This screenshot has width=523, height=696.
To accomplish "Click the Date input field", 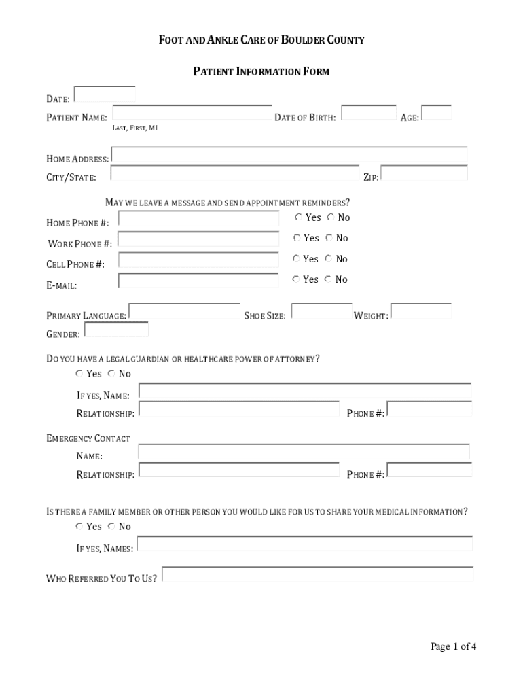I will point(104,94).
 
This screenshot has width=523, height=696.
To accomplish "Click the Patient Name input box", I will point(192,113).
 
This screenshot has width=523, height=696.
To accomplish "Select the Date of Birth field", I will point(369,113).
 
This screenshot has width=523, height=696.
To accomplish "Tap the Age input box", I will point(436,113).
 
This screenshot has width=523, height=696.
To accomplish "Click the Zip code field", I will point(424,173).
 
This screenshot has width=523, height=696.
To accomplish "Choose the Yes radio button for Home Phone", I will point(299,217).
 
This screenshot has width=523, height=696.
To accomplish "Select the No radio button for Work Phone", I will point(329,238).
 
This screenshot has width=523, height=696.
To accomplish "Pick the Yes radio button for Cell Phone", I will point(296,259).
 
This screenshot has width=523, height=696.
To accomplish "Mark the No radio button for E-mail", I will point(329,279).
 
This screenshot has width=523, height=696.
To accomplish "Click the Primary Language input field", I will point(184,311).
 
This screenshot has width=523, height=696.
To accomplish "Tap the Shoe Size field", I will point(321,311).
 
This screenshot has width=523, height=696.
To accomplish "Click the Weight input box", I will point(421,311).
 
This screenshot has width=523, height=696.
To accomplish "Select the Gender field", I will point(115,330).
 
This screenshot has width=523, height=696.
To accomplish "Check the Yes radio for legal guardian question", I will point(79,374).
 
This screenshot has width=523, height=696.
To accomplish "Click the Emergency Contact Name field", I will point(304,452).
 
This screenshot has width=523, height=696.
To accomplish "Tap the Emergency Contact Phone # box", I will point(429,470).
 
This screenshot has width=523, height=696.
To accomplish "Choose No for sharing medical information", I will point(111,527).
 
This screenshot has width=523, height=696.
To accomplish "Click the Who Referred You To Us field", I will point(317,574).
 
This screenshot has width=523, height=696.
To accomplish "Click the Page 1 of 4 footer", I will point(453,647).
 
